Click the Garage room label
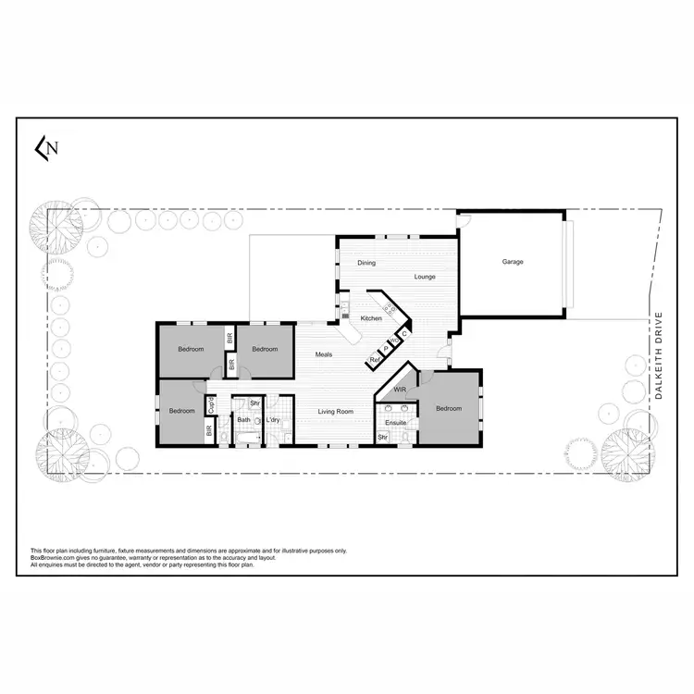513,262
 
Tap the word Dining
366,263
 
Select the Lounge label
425,277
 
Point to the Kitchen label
371,318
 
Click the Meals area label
324,354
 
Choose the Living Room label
337,411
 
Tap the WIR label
400,390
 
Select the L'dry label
273,420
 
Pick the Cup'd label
212,405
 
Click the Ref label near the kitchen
375,359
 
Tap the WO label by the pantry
394,341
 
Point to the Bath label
243,420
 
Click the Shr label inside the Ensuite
381,437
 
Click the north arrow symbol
46,147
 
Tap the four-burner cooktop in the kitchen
389,310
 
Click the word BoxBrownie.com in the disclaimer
54,558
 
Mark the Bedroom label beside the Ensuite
449,408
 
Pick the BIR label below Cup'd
210,429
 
